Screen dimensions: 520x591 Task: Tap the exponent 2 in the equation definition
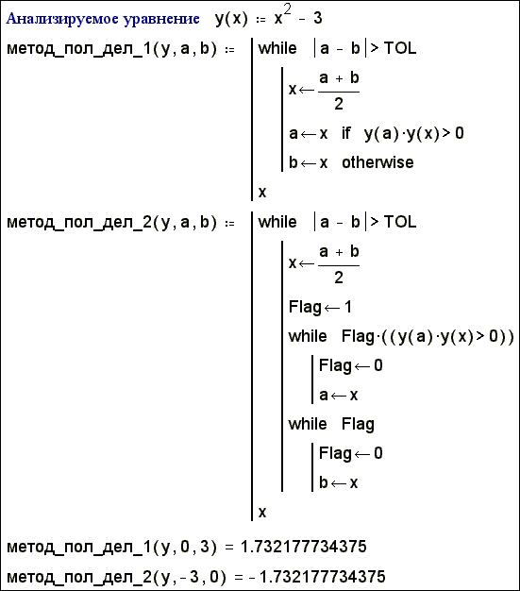tap(287, 9)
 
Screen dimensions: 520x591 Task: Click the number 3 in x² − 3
tap(318, 18)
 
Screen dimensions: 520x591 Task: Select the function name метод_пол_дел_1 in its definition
tap(78, 49)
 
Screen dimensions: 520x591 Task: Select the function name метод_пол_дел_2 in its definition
tap(78, 223)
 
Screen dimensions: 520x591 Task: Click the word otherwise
tap(377, 162)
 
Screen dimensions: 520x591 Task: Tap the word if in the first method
tap(346, 133)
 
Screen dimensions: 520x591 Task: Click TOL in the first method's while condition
tap(400, 48)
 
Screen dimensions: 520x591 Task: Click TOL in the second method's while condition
tap(400, 222)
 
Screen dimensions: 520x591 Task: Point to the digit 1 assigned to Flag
tap(348, 307)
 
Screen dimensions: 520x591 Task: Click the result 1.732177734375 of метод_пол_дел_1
tap(304, 547)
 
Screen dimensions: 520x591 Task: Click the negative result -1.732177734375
tap(317, 577)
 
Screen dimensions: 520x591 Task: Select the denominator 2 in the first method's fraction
tap(339, 104)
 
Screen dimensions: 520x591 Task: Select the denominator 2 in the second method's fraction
tap(339, 278)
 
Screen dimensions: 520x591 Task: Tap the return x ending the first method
tap(262, 193)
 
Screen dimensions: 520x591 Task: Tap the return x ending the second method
tap(262, 512)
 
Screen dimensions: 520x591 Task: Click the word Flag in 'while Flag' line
tap(358, 425)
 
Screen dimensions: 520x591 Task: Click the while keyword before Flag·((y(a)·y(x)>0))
tap(308, 336)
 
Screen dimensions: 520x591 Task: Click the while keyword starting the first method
tap(277, 48)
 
